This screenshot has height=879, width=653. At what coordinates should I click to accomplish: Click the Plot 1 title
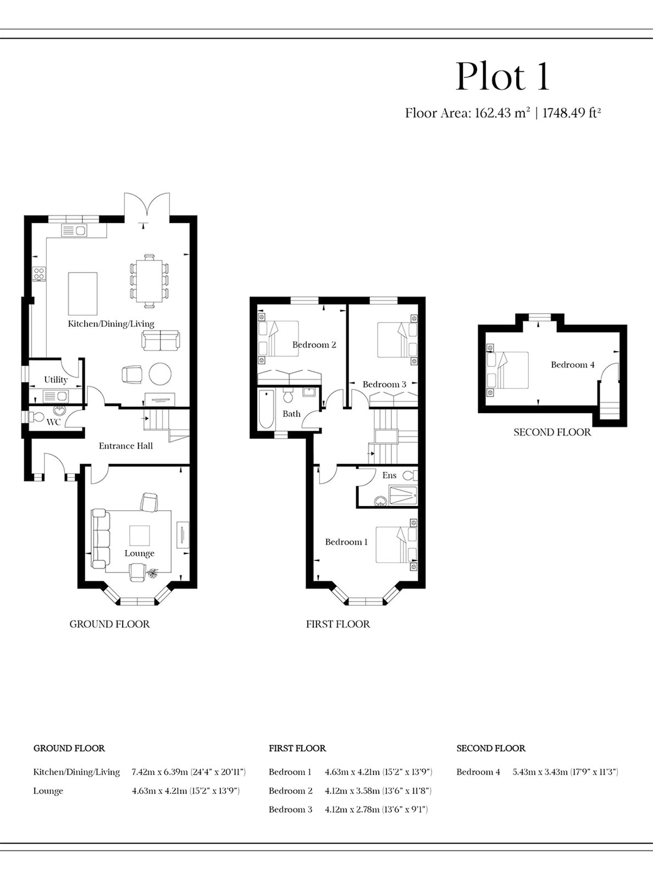pyautogui.click(x=502, y=76)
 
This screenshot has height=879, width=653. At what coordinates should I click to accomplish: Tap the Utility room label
pyautogui.click(x=56, y=380)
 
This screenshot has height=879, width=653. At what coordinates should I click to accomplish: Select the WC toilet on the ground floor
pyautogui.click(x=36, y=417)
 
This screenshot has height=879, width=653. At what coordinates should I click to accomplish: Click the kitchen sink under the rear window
pyautogui.click(x=74, y=230)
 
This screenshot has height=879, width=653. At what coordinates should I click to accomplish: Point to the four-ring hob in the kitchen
pyautogui.click(x=39, y=274)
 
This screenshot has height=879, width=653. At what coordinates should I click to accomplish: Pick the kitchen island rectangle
pyautogui.click(x=82, y=294)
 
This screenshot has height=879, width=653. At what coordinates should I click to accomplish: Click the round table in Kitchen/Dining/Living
pyautogui.click(x=160, y=374)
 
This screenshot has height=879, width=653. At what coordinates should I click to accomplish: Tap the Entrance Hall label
pyautogui.click(x=126, y=446)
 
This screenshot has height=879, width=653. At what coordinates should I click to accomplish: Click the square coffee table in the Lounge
pyautogui.click(x=140, y=536)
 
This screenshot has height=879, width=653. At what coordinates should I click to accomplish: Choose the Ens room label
pyautogui.click(x=389, y=475)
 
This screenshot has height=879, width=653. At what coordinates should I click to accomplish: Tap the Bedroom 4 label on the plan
pyautogui.click(x=573, y=365)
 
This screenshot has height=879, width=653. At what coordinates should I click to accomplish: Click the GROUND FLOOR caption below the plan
pyautogui.click(x=109, y=624)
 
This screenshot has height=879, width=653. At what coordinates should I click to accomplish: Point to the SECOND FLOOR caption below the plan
pyautogui.click(x=552, y=432)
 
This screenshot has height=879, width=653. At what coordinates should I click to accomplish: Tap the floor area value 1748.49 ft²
pyautogui.click(x=571, y=113)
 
